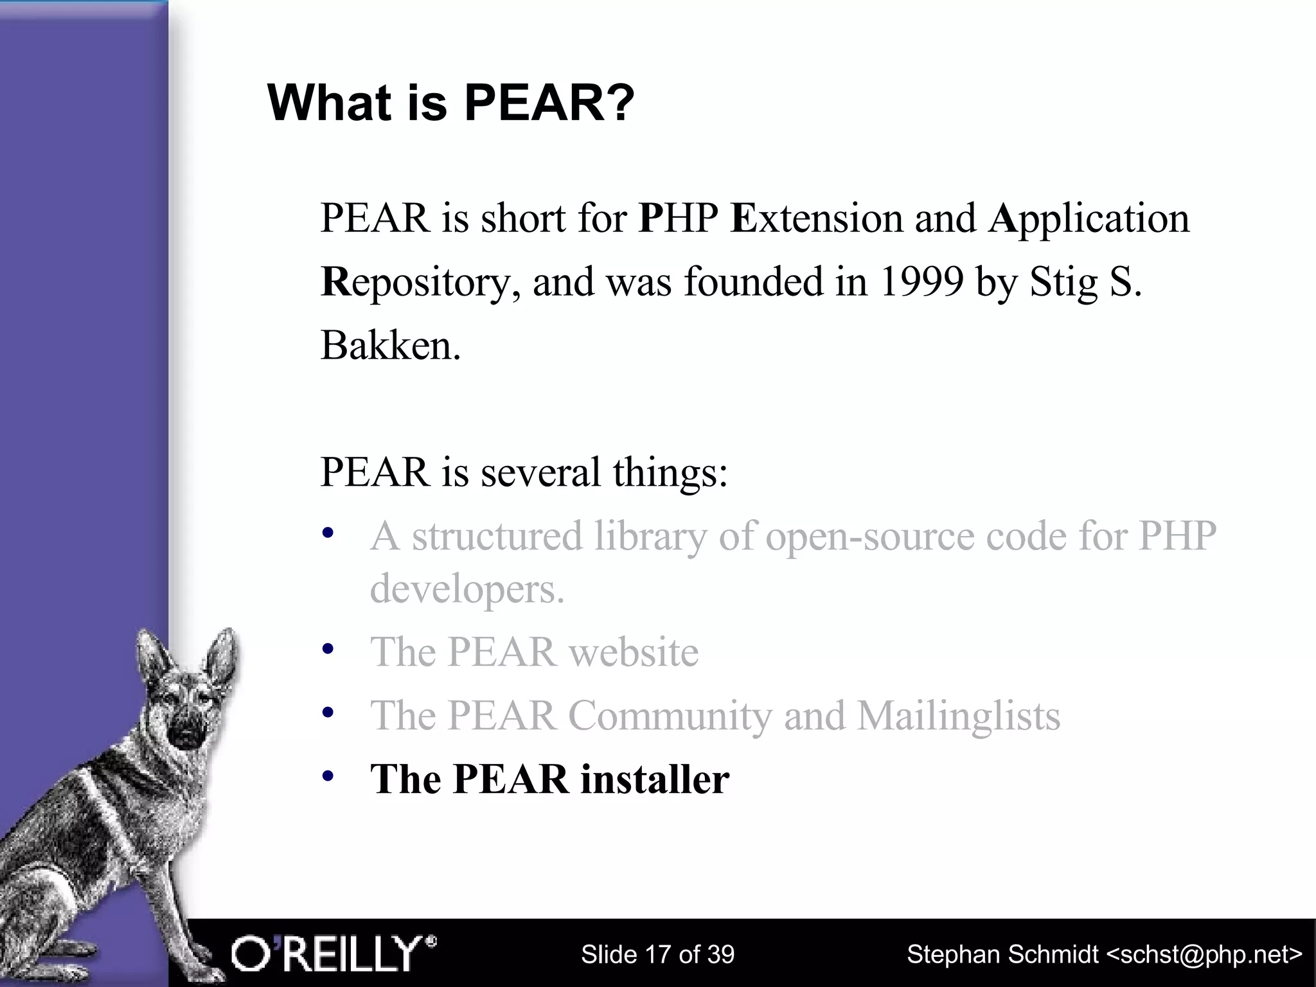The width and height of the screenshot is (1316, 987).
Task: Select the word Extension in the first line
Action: click(x=816, y=218)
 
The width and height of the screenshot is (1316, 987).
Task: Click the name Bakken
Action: click(x=390, y=346)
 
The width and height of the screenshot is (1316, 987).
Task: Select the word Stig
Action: click(x=1063, y=283)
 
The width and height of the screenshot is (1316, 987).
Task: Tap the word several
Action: click(x=540, y=472)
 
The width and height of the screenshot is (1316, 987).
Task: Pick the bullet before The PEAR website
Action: click(x=328, y=649)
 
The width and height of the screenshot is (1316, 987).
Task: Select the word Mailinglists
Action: click(x=958, y=716)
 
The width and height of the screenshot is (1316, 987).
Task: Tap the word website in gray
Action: click(x=633, y=653)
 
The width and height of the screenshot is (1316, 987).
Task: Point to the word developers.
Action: click(x=466, y=590)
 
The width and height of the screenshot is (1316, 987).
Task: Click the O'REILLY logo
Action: click(x=333, y=954)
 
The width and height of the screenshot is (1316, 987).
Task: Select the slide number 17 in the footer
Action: click(x=655, y=955)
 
